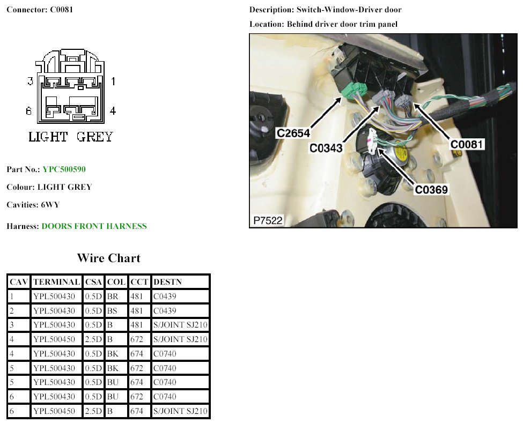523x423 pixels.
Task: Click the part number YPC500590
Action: [64, 169]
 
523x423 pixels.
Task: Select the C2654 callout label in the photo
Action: [294, 132]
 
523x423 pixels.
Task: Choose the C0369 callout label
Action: [432, 189]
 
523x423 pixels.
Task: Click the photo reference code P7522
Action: [268, 220]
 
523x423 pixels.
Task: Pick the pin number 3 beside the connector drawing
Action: [31, 81]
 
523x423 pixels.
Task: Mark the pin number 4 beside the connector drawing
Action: [113, 111]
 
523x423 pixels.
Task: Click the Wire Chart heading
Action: [108, 258]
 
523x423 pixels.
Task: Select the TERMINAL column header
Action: [56, 282]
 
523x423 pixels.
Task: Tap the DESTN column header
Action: [167, 282]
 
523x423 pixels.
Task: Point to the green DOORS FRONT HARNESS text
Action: [94, 226]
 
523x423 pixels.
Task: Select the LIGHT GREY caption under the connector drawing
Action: [71, 137]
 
